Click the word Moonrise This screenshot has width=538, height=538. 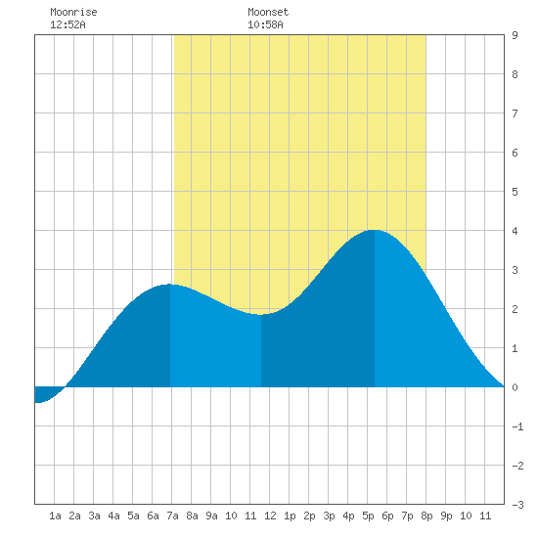click(x=73, y=12)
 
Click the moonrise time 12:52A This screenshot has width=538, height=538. click(x=67, y=24)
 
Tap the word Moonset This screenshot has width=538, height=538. click(x=268, y=12)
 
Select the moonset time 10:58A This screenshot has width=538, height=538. click(x=265, y=24)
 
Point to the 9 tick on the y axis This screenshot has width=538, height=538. click(x=515, y=35)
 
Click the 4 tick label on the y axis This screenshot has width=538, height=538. click(x=515, y=231)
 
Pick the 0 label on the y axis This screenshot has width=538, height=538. click(x=515, y=387)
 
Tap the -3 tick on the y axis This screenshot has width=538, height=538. click(x=517, y=505)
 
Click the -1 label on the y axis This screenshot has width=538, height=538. click(x=517, y=426)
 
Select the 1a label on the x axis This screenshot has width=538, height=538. click(x=55, y=516)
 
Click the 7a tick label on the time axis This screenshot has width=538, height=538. click(x=172, y=516)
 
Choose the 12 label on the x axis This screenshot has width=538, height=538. click(x=270, y=516)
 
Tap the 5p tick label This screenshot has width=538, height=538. click(x=368, y=516)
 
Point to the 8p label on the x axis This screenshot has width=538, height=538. click(x=426, y=516)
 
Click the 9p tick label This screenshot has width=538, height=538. click(x=446, y=516)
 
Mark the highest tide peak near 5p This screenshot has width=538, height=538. click(x=374, y=230)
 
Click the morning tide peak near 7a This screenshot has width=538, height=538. click(x=169, y=285)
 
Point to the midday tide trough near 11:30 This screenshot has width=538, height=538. click(x=261, y=314)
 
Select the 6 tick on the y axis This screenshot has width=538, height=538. click(x=515, y=153)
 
